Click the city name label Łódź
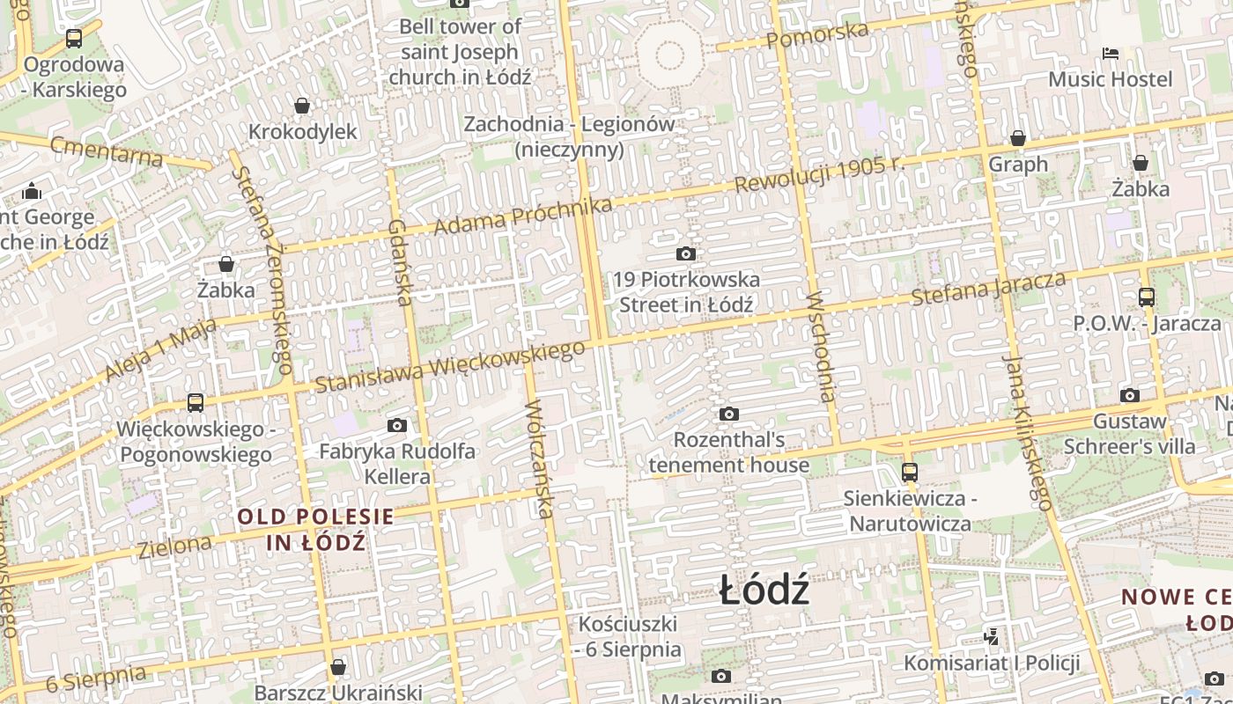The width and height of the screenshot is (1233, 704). [764, 590]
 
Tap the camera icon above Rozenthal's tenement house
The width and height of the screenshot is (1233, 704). [728, 414]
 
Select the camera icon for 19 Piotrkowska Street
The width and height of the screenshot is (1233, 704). [685, 254]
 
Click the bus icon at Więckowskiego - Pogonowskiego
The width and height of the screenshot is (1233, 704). [196, 403]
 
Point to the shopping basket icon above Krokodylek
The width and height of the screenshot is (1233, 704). [302, 106]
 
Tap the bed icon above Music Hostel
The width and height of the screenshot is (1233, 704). [1111, 54]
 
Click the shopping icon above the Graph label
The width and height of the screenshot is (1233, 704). [1018, 138]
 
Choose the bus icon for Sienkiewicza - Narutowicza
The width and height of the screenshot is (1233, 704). [910, 472]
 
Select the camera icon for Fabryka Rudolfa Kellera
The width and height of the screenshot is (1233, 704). [397, 426]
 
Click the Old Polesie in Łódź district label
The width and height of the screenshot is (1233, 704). [315, 529]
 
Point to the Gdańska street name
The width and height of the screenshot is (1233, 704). [400, 262]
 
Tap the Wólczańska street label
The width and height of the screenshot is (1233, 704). [539, 458]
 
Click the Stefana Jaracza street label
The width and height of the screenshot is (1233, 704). [988, 289]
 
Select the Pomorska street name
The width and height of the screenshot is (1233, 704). [816, 35]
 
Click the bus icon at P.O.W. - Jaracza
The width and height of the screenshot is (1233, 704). [1146, 297]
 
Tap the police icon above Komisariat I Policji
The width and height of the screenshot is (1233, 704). [991, 635]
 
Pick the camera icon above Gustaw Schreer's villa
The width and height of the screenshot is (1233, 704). [1129, 395]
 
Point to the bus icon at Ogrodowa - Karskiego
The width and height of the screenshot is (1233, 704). [74, 39]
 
